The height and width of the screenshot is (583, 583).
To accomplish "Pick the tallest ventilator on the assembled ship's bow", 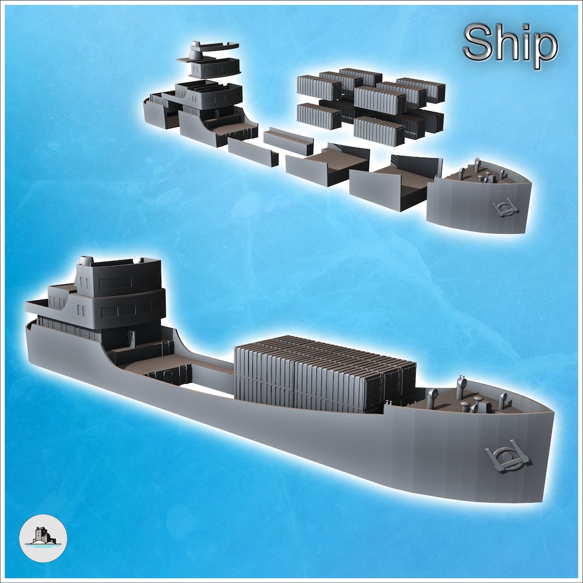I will pyautogui.click(x=461, y=388).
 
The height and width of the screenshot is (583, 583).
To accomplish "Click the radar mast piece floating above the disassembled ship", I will pyautogui.click(x=208, y=51).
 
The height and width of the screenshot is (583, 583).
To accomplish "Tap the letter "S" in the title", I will pyautogui.click(x=477, y=45).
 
